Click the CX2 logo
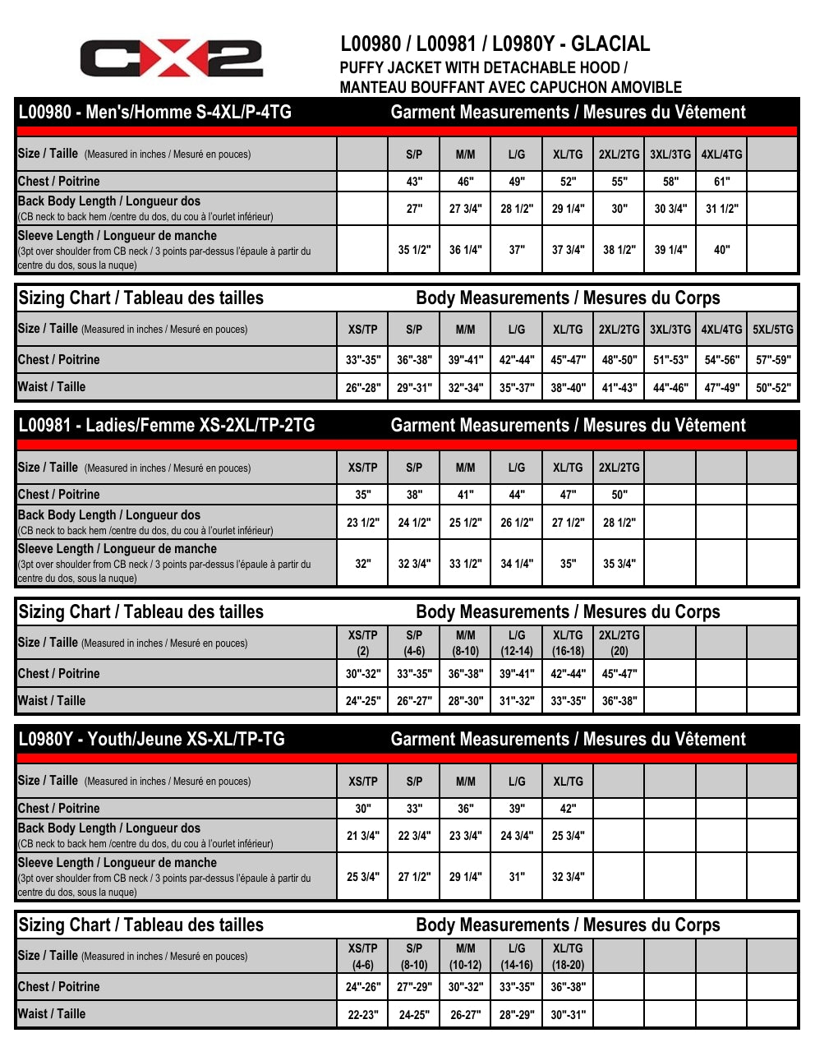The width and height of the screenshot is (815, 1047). tap(171, 58)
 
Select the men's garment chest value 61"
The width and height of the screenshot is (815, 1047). tap(721, 182)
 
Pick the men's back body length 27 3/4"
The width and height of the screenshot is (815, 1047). tap(465, 209)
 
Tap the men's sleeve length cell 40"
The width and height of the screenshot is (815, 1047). tap(721, 250)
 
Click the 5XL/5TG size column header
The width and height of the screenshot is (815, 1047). tap(773, 330)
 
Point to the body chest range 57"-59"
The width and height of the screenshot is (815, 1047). tap(773, 360)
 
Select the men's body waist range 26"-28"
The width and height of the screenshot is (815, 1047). tap(362, 388)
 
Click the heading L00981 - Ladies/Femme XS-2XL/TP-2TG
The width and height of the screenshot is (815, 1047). tap(167, 426)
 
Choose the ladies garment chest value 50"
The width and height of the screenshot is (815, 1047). tap(619, 495)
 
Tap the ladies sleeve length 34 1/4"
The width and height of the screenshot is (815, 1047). tap(517, 564)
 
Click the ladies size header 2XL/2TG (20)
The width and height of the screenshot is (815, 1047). tap(619, 643)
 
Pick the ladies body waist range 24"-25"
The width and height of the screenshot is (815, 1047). tap(362, 701)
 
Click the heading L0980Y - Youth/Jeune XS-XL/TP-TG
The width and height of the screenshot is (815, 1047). tap(152, 739)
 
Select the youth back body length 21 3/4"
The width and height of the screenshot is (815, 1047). tap(362, 836)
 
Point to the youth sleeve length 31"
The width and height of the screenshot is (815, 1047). tap(517, 877)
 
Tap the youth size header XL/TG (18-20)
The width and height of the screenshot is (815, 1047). tap(568, 957)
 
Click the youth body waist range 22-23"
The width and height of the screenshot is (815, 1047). tap(362, 1015)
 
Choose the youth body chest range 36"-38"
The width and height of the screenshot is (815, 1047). tap(568, 987)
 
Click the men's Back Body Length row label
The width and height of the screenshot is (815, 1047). tap(109, 201)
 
